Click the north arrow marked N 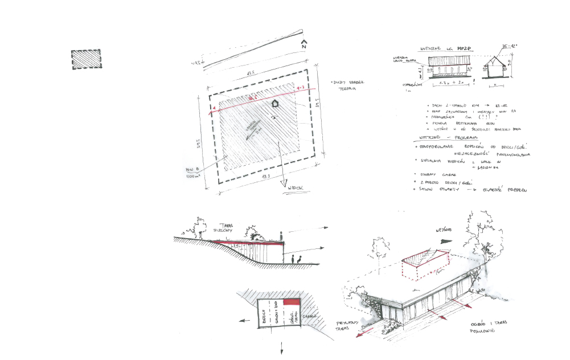[x=305, y=44]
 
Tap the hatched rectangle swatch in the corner [x=85, y=60]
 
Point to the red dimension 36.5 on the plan [x=248, y=98]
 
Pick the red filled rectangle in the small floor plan [x=291, y=302]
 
